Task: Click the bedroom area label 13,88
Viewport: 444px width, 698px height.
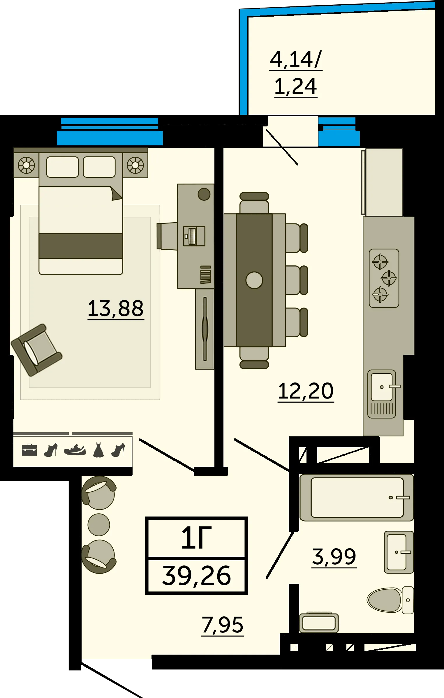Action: tap(116, 309)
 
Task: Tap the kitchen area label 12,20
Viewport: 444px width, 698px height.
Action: tap(306, 391)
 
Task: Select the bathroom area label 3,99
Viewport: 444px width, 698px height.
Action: tap(334, 557)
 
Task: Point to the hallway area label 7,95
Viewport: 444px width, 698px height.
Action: tap(223, 625)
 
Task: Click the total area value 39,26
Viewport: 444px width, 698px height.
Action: tap(197, 576)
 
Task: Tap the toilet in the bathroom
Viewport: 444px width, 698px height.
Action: tap(390, 600)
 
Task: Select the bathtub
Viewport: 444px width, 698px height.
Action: tap(357, 498)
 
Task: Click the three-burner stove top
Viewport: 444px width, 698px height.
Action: tap(384, 278)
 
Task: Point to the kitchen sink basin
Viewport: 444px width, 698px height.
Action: tap(382, 387)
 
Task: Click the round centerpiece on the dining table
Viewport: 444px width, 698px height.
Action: tap(254, 280)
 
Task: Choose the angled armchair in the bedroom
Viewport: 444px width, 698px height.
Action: tap(36, 350)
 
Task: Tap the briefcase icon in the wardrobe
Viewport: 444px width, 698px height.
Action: tap(29, 450)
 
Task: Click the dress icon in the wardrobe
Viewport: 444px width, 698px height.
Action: tap(98, 450)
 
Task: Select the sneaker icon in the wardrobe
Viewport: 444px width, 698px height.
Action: tap(75, 450)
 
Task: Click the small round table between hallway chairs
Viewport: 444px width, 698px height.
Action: tap(99, 525)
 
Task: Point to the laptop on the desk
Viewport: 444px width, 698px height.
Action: tap(194, 236)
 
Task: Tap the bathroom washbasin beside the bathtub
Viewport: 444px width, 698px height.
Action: tap(399, 552)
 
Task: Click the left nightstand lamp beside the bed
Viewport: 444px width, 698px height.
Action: tap(27, 165)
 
